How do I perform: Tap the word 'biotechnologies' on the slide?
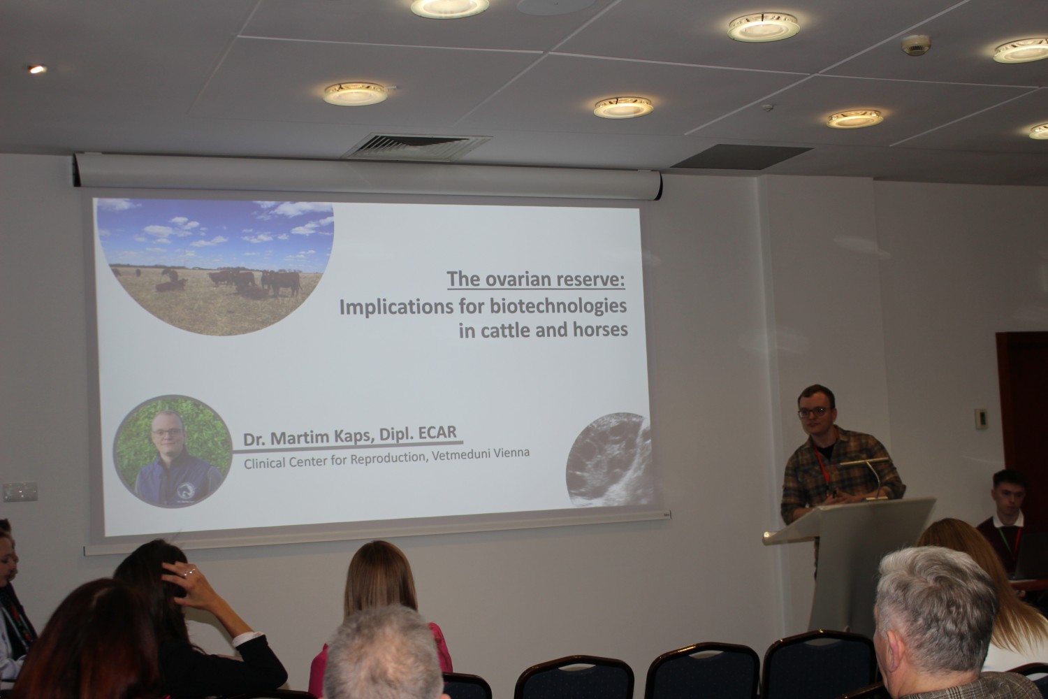click(558, 307)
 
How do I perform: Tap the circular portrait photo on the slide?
click(173, 451)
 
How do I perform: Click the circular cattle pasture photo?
click(215, 267)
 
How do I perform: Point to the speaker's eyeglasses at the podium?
click(815, 412)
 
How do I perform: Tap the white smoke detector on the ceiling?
click(916, 45)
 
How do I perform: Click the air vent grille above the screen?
click(416, 147)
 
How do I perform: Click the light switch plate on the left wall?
click(20, 492)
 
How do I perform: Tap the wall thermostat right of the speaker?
click(980, 419)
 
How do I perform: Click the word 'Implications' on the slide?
click(396, 308)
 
